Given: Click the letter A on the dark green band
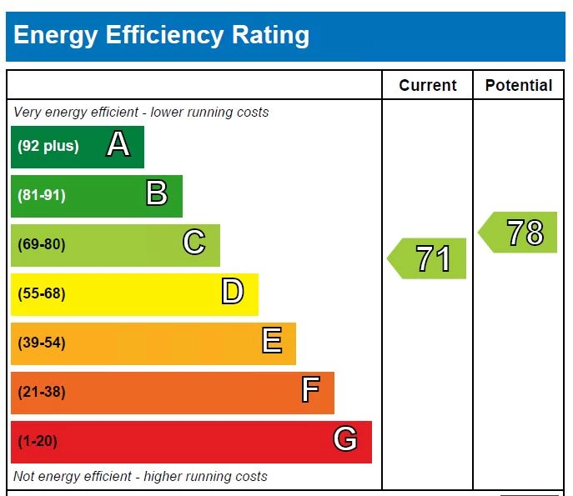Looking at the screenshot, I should pos(118,146).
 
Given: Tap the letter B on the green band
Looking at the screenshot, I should pos(157,194).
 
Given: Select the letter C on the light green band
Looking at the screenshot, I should pos(194,243).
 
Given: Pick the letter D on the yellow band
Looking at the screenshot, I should pos(232,293).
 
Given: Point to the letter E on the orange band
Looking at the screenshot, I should pos(271,342).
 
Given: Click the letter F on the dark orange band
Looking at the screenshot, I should pos(310,391).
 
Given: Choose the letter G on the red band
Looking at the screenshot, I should pos(345,439).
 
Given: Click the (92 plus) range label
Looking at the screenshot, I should pos(48,147).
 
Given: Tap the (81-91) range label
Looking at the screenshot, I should pos(42,195).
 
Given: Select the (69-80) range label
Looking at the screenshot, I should pos(42,244).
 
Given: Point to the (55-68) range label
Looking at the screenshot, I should pos(42,293).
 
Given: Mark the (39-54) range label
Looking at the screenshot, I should pos(42,343).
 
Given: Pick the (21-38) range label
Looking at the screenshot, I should pos(42,392).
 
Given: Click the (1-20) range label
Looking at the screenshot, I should pos(38,441).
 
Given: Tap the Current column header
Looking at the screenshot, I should pos(428,85).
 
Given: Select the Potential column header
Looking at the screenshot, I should pos(519,85).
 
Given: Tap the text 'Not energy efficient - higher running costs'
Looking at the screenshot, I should pos(140,477).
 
